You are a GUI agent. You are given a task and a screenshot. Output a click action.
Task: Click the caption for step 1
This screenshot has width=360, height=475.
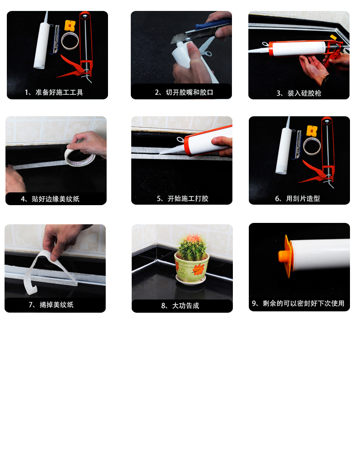(54, 92)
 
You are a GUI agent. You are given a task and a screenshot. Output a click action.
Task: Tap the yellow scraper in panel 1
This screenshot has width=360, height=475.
(70, 26)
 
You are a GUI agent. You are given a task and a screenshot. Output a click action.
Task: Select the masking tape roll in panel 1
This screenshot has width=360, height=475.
(70, 41)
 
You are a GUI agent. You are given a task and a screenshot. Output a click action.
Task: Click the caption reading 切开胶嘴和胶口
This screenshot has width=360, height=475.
(184, 92)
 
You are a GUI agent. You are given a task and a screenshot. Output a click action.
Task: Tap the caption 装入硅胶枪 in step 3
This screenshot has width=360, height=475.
(298, 93)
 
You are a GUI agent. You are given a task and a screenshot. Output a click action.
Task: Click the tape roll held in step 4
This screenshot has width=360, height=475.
(80, 156)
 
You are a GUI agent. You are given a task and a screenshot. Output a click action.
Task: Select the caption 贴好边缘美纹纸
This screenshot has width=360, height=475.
(50, 199)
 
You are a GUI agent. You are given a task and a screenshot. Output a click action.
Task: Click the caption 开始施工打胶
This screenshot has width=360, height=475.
(183, 198)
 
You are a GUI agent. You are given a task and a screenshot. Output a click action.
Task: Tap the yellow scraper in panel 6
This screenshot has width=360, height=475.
(312, 131)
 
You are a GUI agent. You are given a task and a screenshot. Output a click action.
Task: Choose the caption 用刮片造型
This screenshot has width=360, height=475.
(297, 198)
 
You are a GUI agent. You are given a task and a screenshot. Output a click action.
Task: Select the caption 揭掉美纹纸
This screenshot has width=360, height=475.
(51, 305)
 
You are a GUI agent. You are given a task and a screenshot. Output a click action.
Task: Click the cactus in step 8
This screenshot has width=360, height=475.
(192, 247)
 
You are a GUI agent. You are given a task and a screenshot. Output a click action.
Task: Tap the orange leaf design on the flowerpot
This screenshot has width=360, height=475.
(198, 269)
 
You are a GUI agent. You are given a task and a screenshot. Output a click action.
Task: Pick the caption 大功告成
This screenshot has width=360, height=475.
(180, 306)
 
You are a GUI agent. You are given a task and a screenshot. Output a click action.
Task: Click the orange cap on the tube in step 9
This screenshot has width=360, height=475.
(285, 256)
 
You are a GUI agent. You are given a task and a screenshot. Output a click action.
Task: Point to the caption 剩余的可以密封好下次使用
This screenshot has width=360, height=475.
(298, 303)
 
